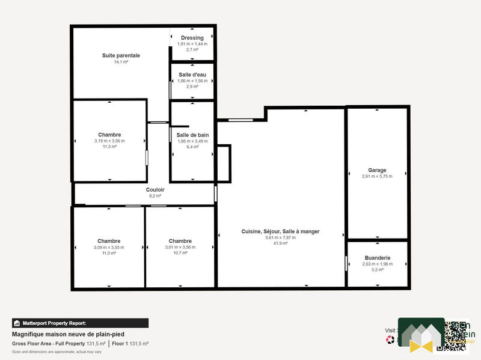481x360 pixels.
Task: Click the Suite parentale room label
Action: coord(121,55)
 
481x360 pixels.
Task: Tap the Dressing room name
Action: coord(192,38)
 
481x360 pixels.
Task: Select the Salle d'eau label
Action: coord(192,75)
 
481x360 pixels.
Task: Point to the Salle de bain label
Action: coord(192,135)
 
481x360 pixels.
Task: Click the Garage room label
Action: coord(377,170)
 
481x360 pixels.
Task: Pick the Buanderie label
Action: coord(377,257)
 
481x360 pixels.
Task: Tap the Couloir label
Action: coord(155,190)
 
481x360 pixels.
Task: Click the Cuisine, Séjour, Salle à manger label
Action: coord(280,231)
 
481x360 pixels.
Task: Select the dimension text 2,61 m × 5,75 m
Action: coord(377,177)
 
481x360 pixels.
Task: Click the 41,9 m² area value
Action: coord(280,243)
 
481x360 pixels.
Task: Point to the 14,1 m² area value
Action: coord(121,62)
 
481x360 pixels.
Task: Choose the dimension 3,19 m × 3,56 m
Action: coord(109,141)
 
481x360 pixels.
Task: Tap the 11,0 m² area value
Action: coord(109,253)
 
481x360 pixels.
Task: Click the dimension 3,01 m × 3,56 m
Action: coord(180,247)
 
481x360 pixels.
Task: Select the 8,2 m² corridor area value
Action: coord(155,196)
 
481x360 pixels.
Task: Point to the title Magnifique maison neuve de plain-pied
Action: coord(69,334)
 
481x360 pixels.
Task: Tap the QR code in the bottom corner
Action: coord(454,335)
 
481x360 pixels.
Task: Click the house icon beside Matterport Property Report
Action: coord(17,323)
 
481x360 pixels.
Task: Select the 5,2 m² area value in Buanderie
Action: coord(377,269)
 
